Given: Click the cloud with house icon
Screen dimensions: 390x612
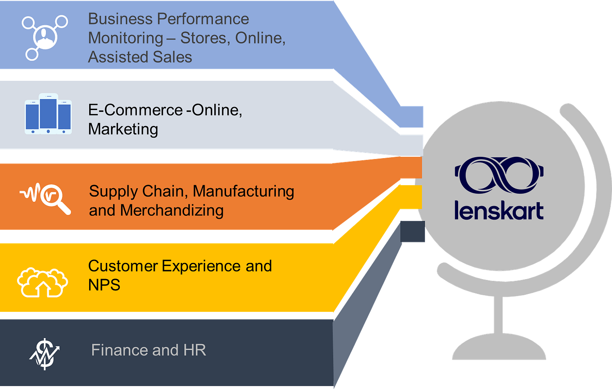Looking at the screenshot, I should pos(42,282).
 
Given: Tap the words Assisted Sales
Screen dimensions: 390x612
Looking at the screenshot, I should pos(140,57).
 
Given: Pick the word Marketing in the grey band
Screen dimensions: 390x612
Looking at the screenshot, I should pos(123,129).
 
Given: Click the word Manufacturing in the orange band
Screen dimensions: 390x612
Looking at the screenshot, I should pos(243,191).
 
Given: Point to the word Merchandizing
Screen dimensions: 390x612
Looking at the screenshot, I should pos(172,210).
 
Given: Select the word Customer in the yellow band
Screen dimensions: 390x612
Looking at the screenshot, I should pos(123,266).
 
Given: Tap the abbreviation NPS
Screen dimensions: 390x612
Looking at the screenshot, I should pos(104,285).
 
